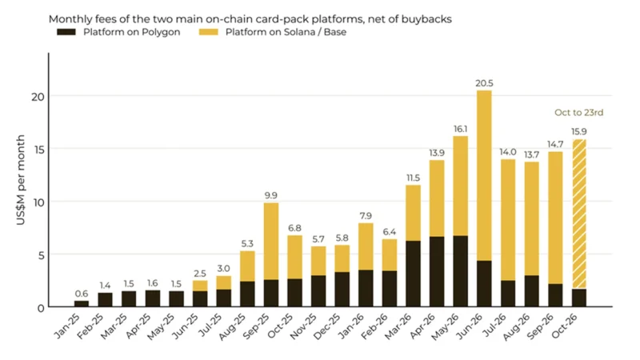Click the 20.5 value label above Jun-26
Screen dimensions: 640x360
coord(484,83)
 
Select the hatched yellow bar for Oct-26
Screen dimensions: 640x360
coord(579,214)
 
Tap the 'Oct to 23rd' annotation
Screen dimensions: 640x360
coord(578,112)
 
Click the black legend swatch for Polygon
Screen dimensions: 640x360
coord(66,32)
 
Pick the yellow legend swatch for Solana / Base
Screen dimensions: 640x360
coord(209,32)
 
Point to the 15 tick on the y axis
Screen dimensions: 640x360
coord(39,150)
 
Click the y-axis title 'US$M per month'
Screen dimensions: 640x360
coord(21,180)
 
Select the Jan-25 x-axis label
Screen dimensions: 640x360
coord(68,326)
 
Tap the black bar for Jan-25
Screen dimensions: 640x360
coord(82,304)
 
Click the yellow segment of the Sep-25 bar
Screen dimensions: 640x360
coord(271,242)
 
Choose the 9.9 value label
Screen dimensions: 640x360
coord(271,195)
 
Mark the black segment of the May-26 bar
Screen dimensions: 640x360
coord(461,271)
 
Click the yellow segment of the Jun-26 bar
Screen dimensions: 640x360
coord(484,175)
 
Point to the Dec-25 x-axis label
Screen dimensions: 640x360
coord(328,326)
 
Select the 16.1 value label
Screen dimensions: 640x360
coord(461,129)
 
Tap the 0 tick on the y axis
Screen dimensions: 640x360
coord(41,308)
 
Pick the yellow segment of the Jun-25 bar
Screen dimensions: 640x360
coord(200,286)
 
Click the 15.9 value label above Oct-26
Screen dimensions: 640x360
coord(579,131)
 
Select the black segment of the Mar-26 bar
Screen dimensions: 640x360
coord(413,274)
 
